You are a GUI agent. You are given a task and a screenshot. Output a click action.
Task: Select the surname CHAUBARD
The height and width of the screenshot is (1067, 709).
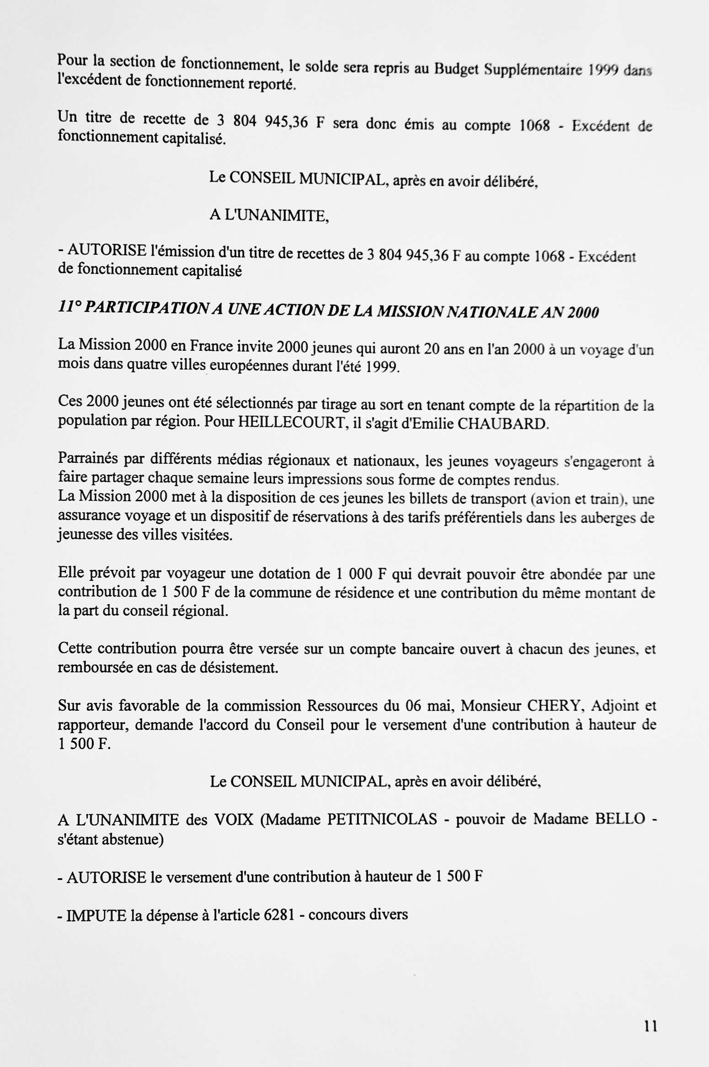pyautogui.click(x=501, y=424)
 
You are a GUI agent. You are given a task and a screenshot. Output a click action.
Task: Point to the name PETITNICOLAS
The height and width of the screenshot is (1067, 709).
pyautogui.click(x=382, y=819)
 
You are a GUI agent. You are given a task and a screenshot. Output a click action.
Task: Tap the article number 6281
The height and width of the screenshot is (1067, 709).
pyautogui.click(x=279, y=914)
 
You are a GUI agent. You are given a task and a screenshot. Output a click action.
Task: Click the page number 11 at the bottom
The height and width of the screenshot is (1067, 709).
pyautogui.click(x=650, y=1027)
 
